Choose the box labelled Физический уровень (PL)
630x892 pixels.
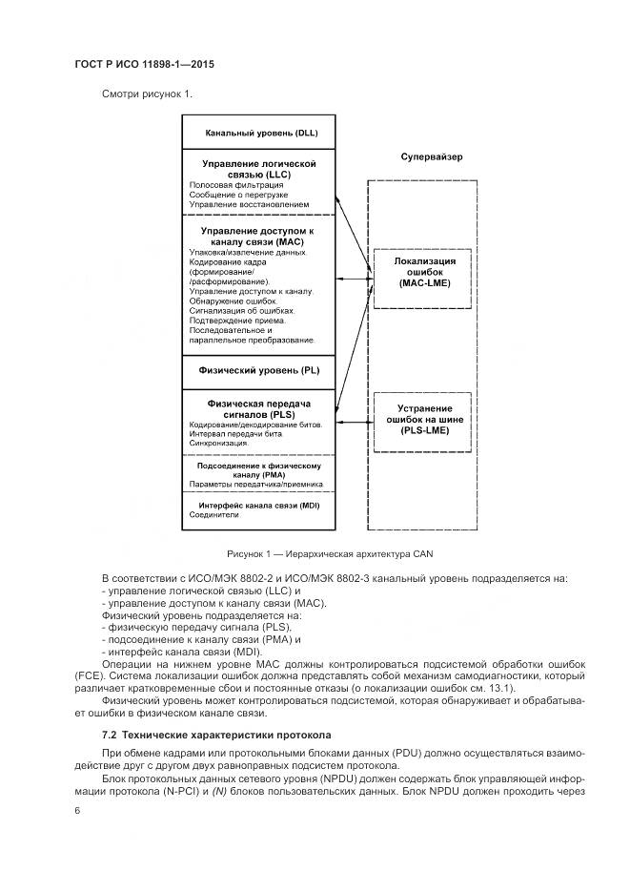point(258,368)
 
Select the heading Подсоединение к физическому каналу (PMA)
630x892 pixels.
point(258,469)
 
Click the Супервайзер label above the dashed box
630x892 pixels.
point(432,156)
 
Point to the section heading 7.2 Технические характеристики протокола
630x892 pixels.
point(215,735)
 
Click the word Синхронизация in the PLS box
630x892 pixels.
point(219,444)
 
